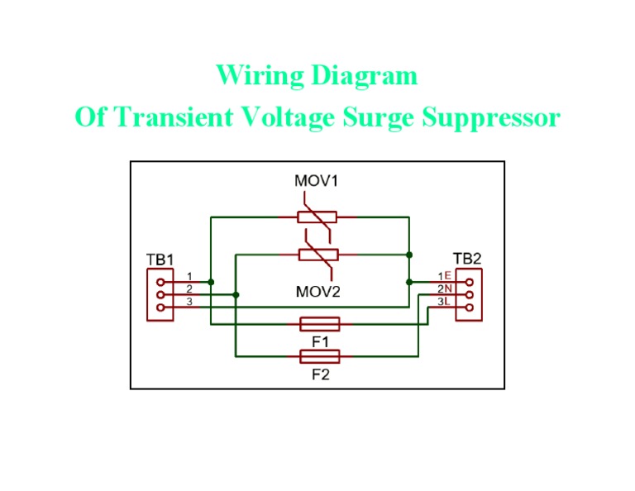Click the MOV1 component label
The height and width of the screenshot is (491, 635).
pos(317,180)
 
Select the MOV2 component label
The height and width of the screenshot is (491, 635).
pos(317,291)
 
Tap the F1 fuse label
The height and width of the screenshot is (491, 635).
pos(320,340)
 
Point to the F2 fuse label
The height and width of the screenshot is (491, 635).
pos(320,374)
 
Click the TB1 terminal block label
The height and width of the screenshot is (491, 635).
pos(160,260)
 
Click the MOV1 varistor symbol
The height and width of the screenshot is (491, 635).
pos(317,217)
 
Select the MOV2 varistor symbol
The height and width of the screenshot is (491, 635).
pos(317,255)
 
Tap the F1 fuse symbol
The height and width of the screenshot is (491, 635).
pos(318,324)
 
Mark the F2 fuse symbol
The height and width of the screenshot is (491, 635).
pos(318,357)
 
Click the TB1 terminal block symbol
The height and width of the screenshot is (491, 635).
pos(160,294)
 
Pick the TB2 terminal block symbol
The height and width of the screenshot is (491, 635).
pos(469,294)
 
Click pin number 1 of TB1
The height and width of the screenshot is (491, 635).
pos(189,276)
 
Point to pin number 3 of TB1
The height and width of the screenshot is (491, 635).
pos(189,302)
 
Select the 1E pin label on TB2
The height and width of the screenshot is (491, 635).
pos(445,276)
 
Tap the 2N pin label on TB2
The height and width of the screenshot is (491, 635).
pos(445,288)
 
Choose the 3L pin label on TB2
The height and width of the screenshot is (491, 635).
pos(445,302)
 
